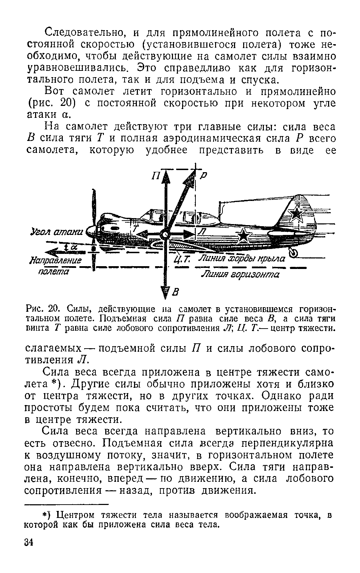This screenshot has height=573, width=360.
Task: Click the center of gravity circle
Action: click(165, 234)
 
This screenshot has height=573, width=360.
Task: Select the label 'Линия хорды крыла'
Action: click(242, 259)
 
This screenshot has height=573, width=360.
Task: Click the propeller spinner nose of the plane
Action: click(88, 231)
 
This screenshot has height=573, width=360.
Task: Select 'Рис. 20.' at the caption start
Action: click(38, 310)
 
